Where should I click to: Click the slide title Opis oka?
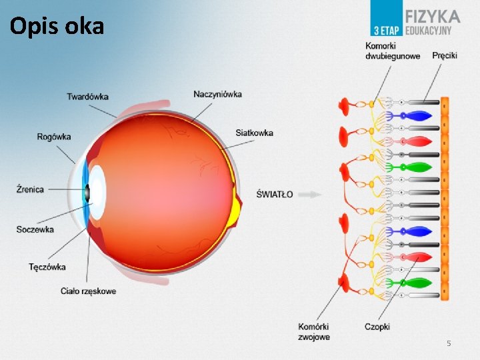tap(57, 26)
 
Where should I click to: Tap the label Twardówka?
tap(87, 97)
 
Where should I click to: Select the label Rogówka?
tap(54, 137)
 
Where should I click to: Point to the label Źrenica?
tap(30, 189)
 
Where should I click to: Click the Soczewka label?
tap(35, 230)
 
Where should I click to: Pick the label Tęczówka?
tap(47, 267)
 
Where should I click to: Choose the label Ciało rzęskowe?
tap(88, 291)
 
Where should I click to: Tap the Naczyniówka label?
tap(217, 94)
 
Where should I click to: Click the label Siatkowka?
tap(254, 133)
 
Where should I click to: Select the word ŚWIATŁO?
tap(274, 195)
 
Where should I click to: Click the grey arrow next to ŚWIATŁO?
tap(310, 195)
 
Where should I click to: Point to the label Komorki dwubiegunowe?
tap(393, 51)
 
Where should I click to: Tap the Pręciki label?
tap(445, 55)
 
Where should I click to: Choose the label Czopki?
tap(377, 327)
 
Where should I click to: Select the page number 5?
tap(449, 343)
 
